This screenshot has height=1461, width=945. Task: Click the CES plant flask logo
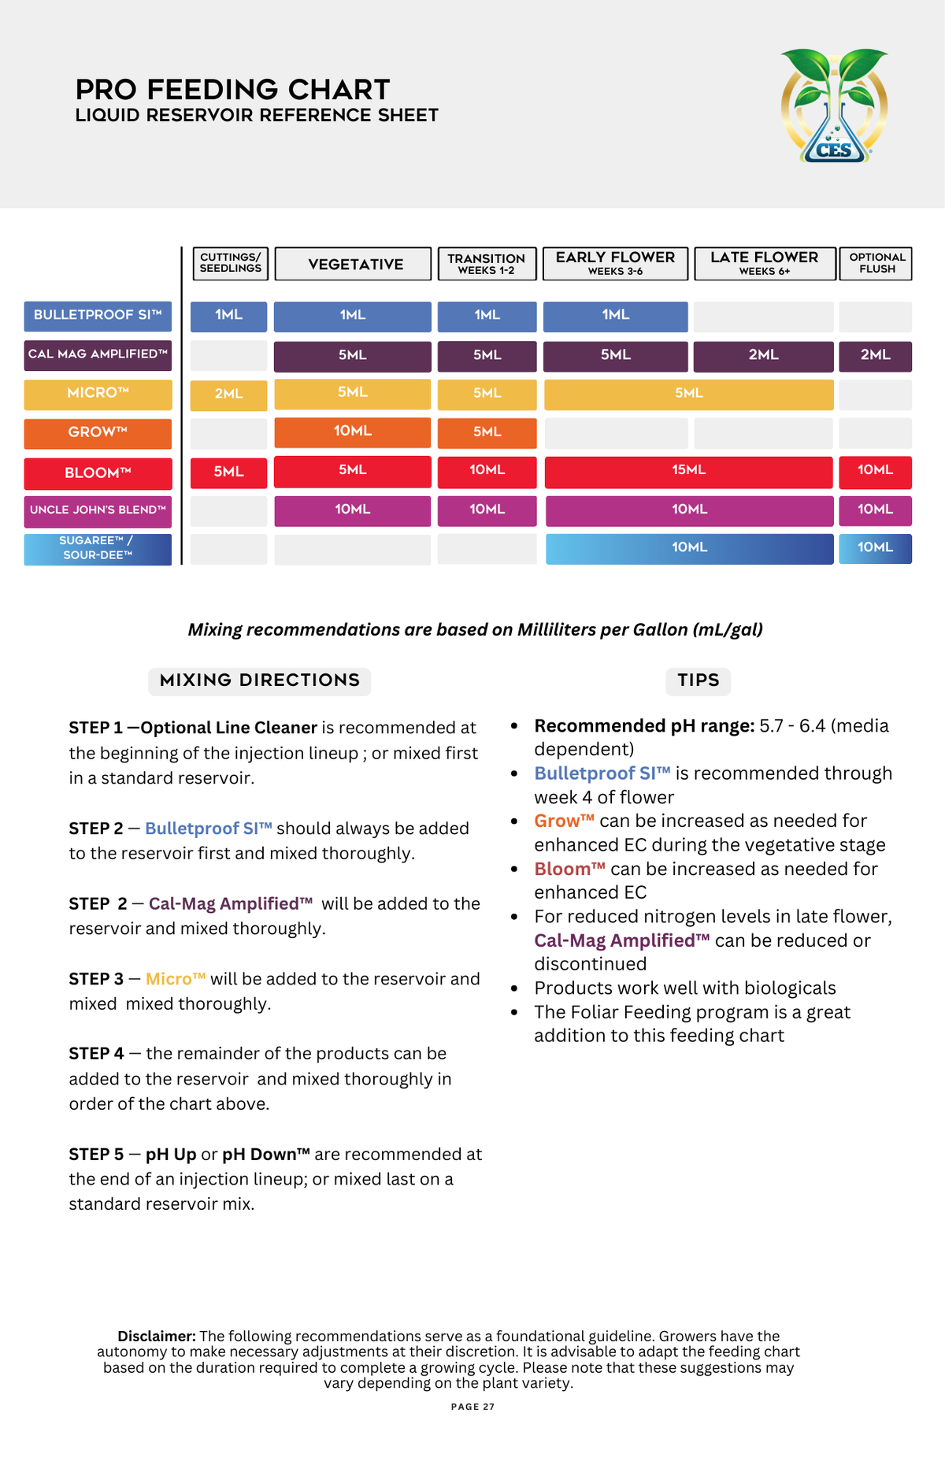834,106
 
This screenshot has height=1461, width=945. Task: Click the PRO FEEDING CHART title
233,90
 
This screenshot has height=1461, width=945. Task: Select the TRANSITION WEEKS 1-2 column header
487,264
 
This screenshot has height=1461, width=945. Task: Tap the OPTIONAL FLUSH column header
876,263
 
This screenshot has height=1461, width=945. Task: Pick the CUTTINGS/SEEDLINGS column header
230,263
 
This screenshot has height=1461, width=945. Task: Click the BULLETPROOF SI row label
98,315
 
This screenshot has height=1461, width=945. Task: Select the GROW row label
98,432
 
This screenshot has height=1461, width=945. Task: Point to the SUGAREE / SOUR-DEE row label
98,548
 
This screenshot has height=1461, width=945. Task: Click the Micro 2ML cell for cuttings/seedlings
228,394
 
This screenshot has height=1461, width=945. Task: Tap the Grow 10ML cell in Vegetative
352,432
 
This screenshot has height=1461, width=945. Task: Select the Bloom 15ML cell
688,470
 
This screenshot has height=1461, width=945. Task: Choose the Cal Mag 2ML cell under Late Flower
763,355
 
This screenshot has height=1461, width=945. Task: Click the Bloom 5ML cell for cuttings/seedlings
228,472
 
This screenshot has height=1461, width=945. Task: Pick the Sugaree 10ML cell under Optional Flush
875,547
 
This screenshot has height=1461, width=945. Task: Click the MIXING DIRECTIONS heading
259,680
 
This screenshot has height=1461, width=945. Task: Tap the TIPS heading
699,680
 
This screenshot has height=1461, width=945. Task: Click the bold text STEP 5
96,1155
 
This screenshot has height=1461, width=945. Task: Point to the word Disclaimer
156,1336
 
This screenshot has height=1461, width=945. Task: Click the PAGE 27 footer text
472,1407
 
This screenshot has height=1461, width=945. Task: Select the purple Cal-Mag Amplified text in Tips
621,940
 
